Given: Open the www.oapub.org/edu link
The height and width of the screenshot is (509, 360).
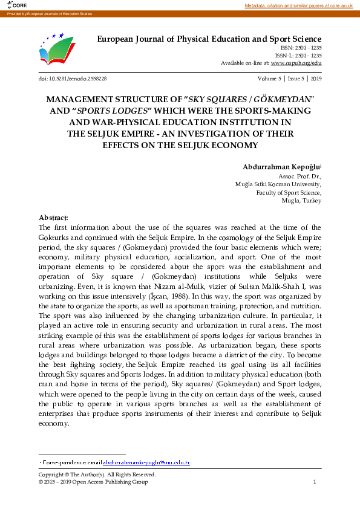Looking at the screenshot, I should [x=296, y=63].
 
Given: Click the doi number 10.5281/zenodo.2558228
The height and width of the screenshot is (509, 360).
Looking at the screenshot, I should [x=78, y=79].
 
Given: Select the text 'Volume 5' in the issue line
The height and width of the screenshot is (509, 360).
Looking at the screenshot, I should [x=269, y=79].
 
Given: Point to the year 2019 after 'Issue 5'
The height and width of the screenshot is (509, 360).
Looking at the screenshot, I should [x=316, y=79].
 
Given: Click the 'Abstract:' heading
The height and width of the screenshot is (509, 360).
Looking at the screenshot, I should [x=53, y=217].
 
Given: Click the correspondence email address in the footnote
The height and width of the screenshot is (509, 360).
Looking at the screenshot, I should [x=146, y=463].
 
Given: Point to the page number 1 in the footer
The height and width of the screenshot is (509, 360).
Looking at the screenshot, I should [x=315, y=482].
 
